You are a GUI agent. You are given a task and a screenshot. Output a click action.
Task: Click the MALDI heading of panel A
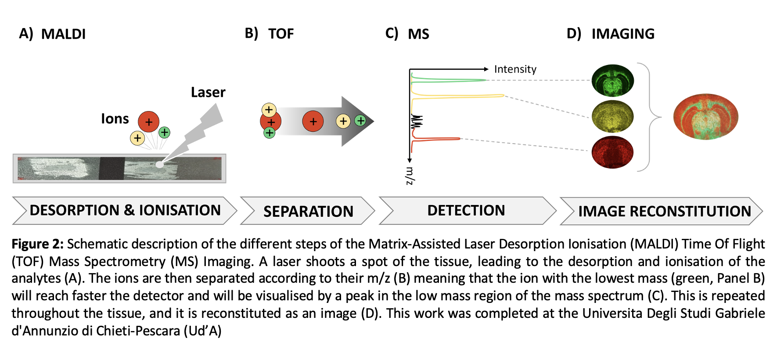click(x=63, y=34)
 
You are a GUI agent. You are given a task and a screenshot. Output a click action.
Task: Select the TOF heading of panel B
click(x=281, y=34)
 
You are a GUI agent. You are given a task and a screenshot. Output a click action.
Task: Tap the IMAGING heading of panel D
click(x=622, y=34)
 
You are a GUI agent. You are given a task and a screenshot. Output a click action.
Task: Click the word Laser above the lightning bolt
click(x=208, y=92)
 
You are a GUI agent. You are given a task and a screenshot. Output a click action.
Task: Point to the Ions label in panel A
click(x=115, y=119)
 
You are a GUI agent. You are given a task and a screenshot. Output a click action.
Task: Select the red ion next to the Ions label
click(x=148, y=122)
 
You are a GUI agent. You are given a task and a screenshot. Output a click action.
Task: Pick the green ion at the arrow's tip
click(x=360, y=120)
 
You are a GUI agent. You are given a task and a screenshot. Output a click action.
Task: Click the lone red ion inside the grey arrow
click(x=313, y=122)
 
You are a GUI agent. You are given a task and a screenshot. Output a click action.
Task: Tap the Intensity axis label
click(x=515, y=69)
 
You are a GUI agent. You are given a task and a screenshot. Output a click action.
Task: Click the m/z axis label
click(x=410, y=176)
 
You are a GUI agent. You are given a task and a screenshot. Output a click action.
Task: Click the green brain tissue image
click(x=612, y=81)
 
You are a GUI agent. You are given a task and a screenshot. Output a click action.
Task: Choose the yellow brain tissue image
click(x=612, y=116)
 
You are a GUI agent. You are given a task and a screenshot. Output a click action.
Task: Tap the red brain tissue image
click(x=612, y=152)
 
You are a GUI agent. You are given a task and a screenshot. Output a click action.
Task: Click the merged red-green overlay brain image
click(x=705, y=117)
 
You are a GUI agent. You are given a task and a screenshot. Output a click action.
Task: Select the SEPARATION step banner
click(x=308, y=211)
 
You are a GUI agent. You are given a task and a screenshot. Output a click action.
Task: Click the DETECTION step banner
click(x=466, y=211)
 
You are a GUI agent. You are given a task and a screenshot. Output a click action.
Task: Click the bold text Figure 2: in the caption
click(x=37, y=244)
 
